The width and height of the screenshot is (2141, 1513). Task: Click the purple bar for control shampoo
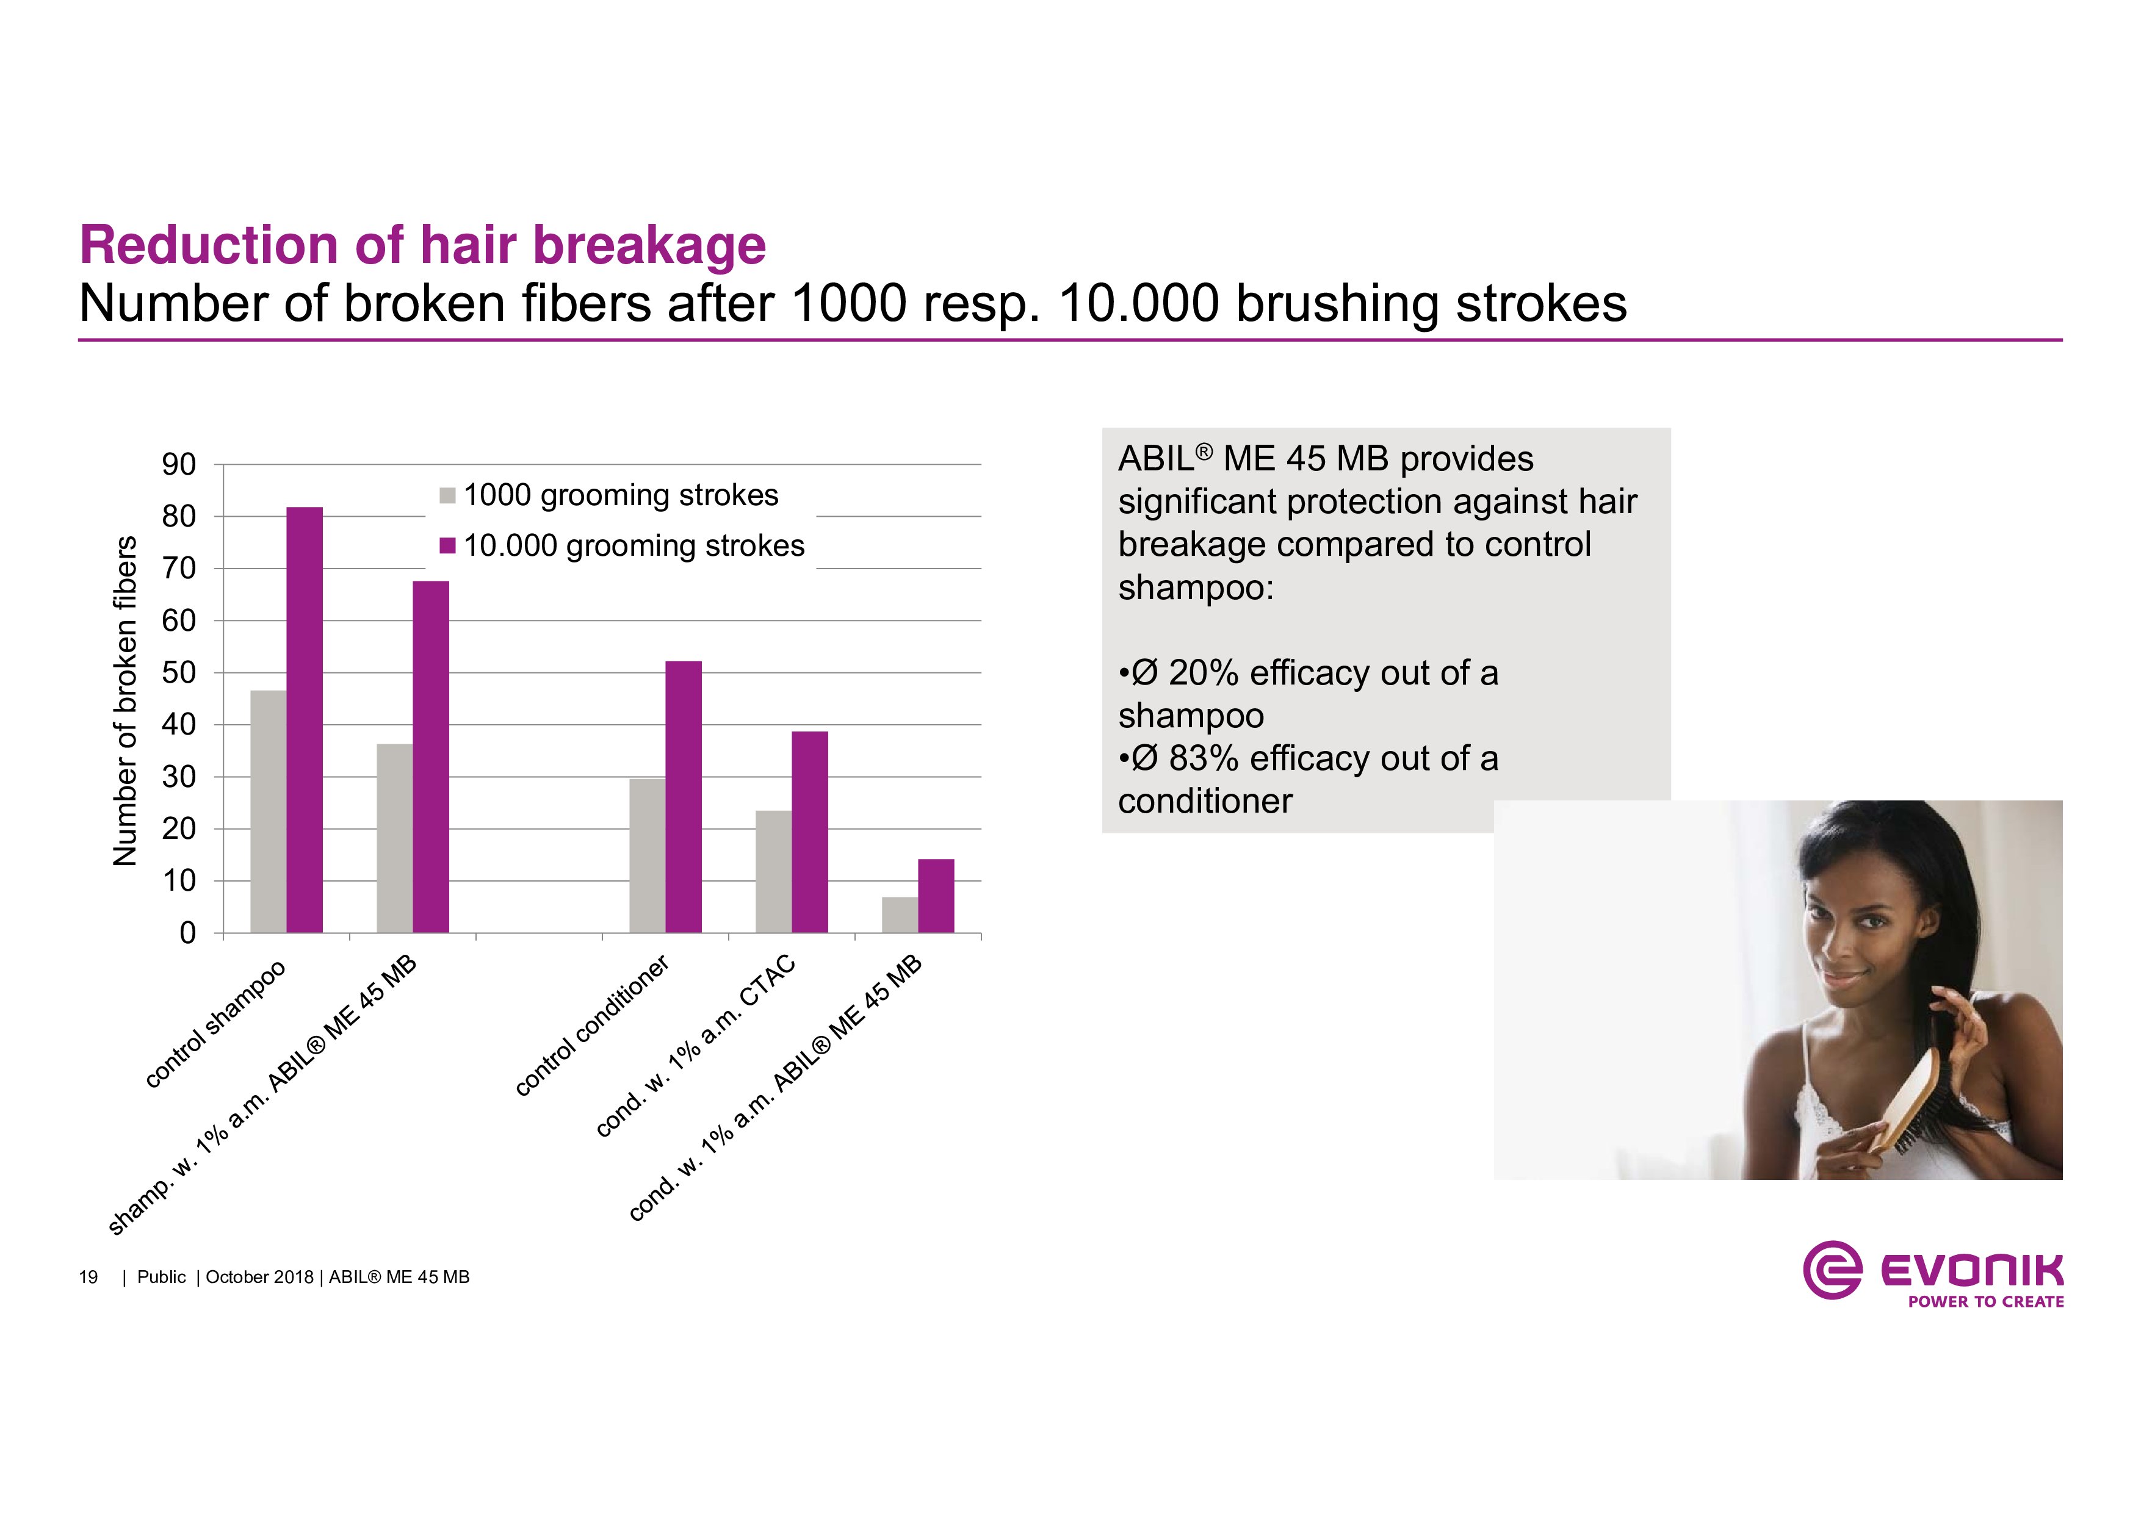tap(304, 720)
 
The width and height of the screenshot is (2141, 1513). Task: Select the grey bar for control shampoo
tap(269, 811)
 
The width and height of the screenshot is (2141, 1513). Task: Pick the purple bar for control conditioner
tap(684, 797)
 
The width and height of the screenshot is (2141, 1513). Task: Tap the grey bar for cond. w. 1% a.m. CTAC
tap(774, 872)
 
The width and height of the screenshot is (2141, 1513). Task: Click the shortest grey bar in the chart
tap(900, 915)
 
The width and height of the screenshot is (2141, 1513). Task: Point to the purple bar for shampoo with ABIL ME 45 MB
tap(431, 757)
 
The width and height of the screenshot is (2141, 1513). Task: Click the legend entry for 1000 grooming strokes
tap(609, 495)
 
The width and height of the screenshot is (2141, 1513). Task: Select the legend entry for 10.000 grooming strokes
tap(622, 545)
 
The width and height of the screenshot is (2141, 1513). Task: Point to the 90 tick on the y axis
tap(179, 464)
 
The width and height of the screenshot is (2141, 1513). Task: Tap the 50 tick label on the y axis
tap(179, 672)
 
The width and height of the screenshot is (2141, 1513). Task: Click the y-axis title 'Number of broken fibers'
tap(125, 701)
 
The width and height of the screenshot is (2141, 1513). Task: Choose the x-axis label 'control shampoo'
tap(215, 1024)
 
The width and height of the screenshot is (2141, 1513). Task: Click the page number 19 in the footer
tap(88, 1277)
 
